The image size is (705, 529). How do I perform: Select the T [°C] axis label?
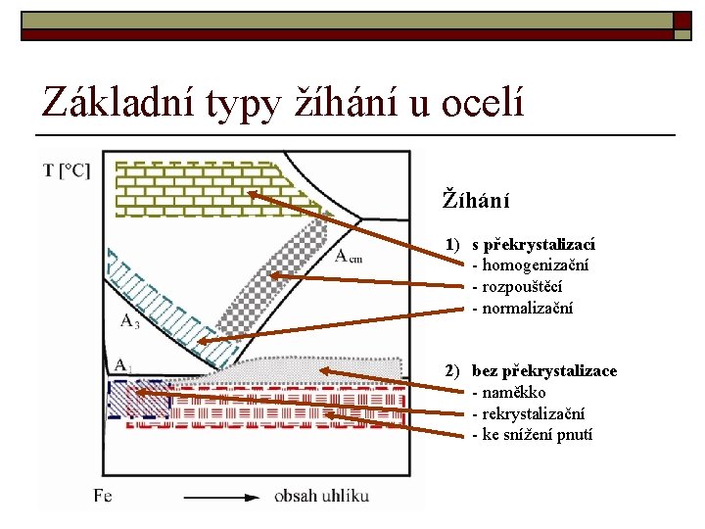coord(67,169)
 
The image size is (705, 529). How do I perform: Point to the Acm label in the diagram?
coord(348,257)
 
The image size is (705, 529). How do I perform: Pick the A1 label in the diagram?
coord(121,365)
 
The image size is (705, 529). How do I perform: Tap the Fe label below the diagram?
coord(103,496)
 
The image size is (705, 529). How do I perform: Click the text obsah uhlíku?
coord(322,496)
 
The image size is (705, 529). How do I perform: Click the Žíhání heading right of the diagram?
coord(477,201)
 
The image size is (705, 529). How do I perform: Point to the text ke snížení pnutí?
coord(538,435)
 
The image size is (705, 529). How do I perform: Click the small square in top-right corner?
coord(681,20)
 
